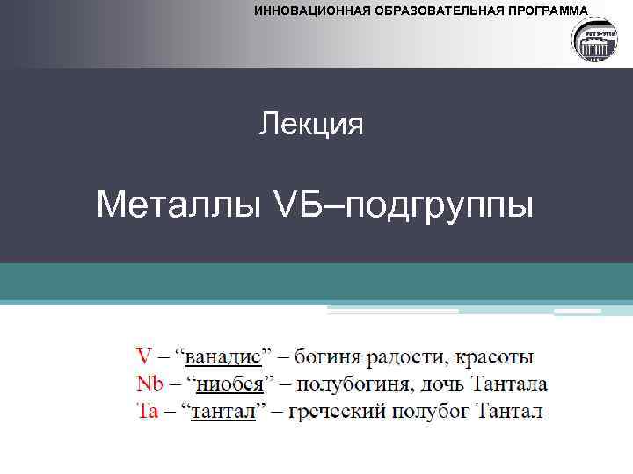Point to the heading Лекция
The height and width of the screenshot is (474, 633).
[x=311, y=125]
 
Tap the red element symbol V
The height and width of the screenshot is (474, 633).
[x=143, y=357]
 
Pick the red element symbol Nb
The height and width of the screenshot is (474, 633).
[x=149, y=384]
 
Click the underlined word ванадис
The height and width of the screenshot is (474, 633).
[x=222, y=357]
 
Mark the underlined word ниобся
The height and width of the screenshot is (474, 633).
[x=226, y=384]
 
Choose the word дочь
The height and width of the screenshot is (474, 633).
[x=441, y=384]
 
